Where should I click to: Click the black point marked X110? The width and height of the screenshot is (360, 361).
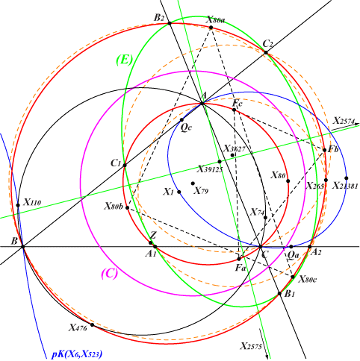click(18, 205)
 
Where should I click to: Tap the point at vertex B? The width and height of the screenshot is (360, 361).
click(23, 247)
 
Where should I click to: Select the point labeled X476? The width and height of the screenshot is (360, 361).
click(92, 324)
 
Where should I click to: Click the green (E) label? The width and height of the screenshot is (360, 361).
click(124, 60)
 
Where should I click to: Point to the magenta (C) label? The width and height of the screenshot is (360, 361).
click(109, 274)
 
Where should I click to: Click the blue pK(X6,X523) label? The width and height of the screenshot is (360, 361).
click(77, 354)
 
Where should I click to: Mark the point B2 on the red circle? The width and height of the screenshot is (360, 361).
click(170, 23)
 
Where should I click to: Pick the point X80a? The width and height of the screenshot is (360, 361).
click(211, 28)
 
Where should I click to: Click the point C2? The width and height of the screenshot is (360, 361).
click(266, 52)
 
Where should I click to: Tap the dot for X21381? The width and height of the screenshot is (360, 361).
click(347, 178)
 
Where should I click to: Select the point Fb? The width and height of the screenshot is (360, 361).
click(325, 150)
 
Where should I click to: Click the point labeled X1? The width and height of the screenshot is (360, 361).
click(179, 192)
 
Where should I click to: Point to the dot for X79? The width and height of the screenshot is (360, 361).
click(193, 183)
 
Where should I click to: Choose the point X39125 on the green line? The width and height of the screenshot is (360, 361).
click(220, 162)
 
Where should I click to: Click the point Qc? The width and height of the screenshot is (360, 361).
click(181, 120)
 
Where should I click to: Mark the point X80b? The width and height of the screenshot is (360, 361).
click(127, 207)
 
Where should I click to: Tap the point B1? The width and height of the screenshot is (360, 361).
click(279, 294)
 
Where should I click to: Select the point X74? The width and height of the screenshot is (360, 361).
click(265, 218)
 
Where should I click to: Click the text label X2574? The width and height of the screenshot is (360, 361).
click(344, 121)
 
